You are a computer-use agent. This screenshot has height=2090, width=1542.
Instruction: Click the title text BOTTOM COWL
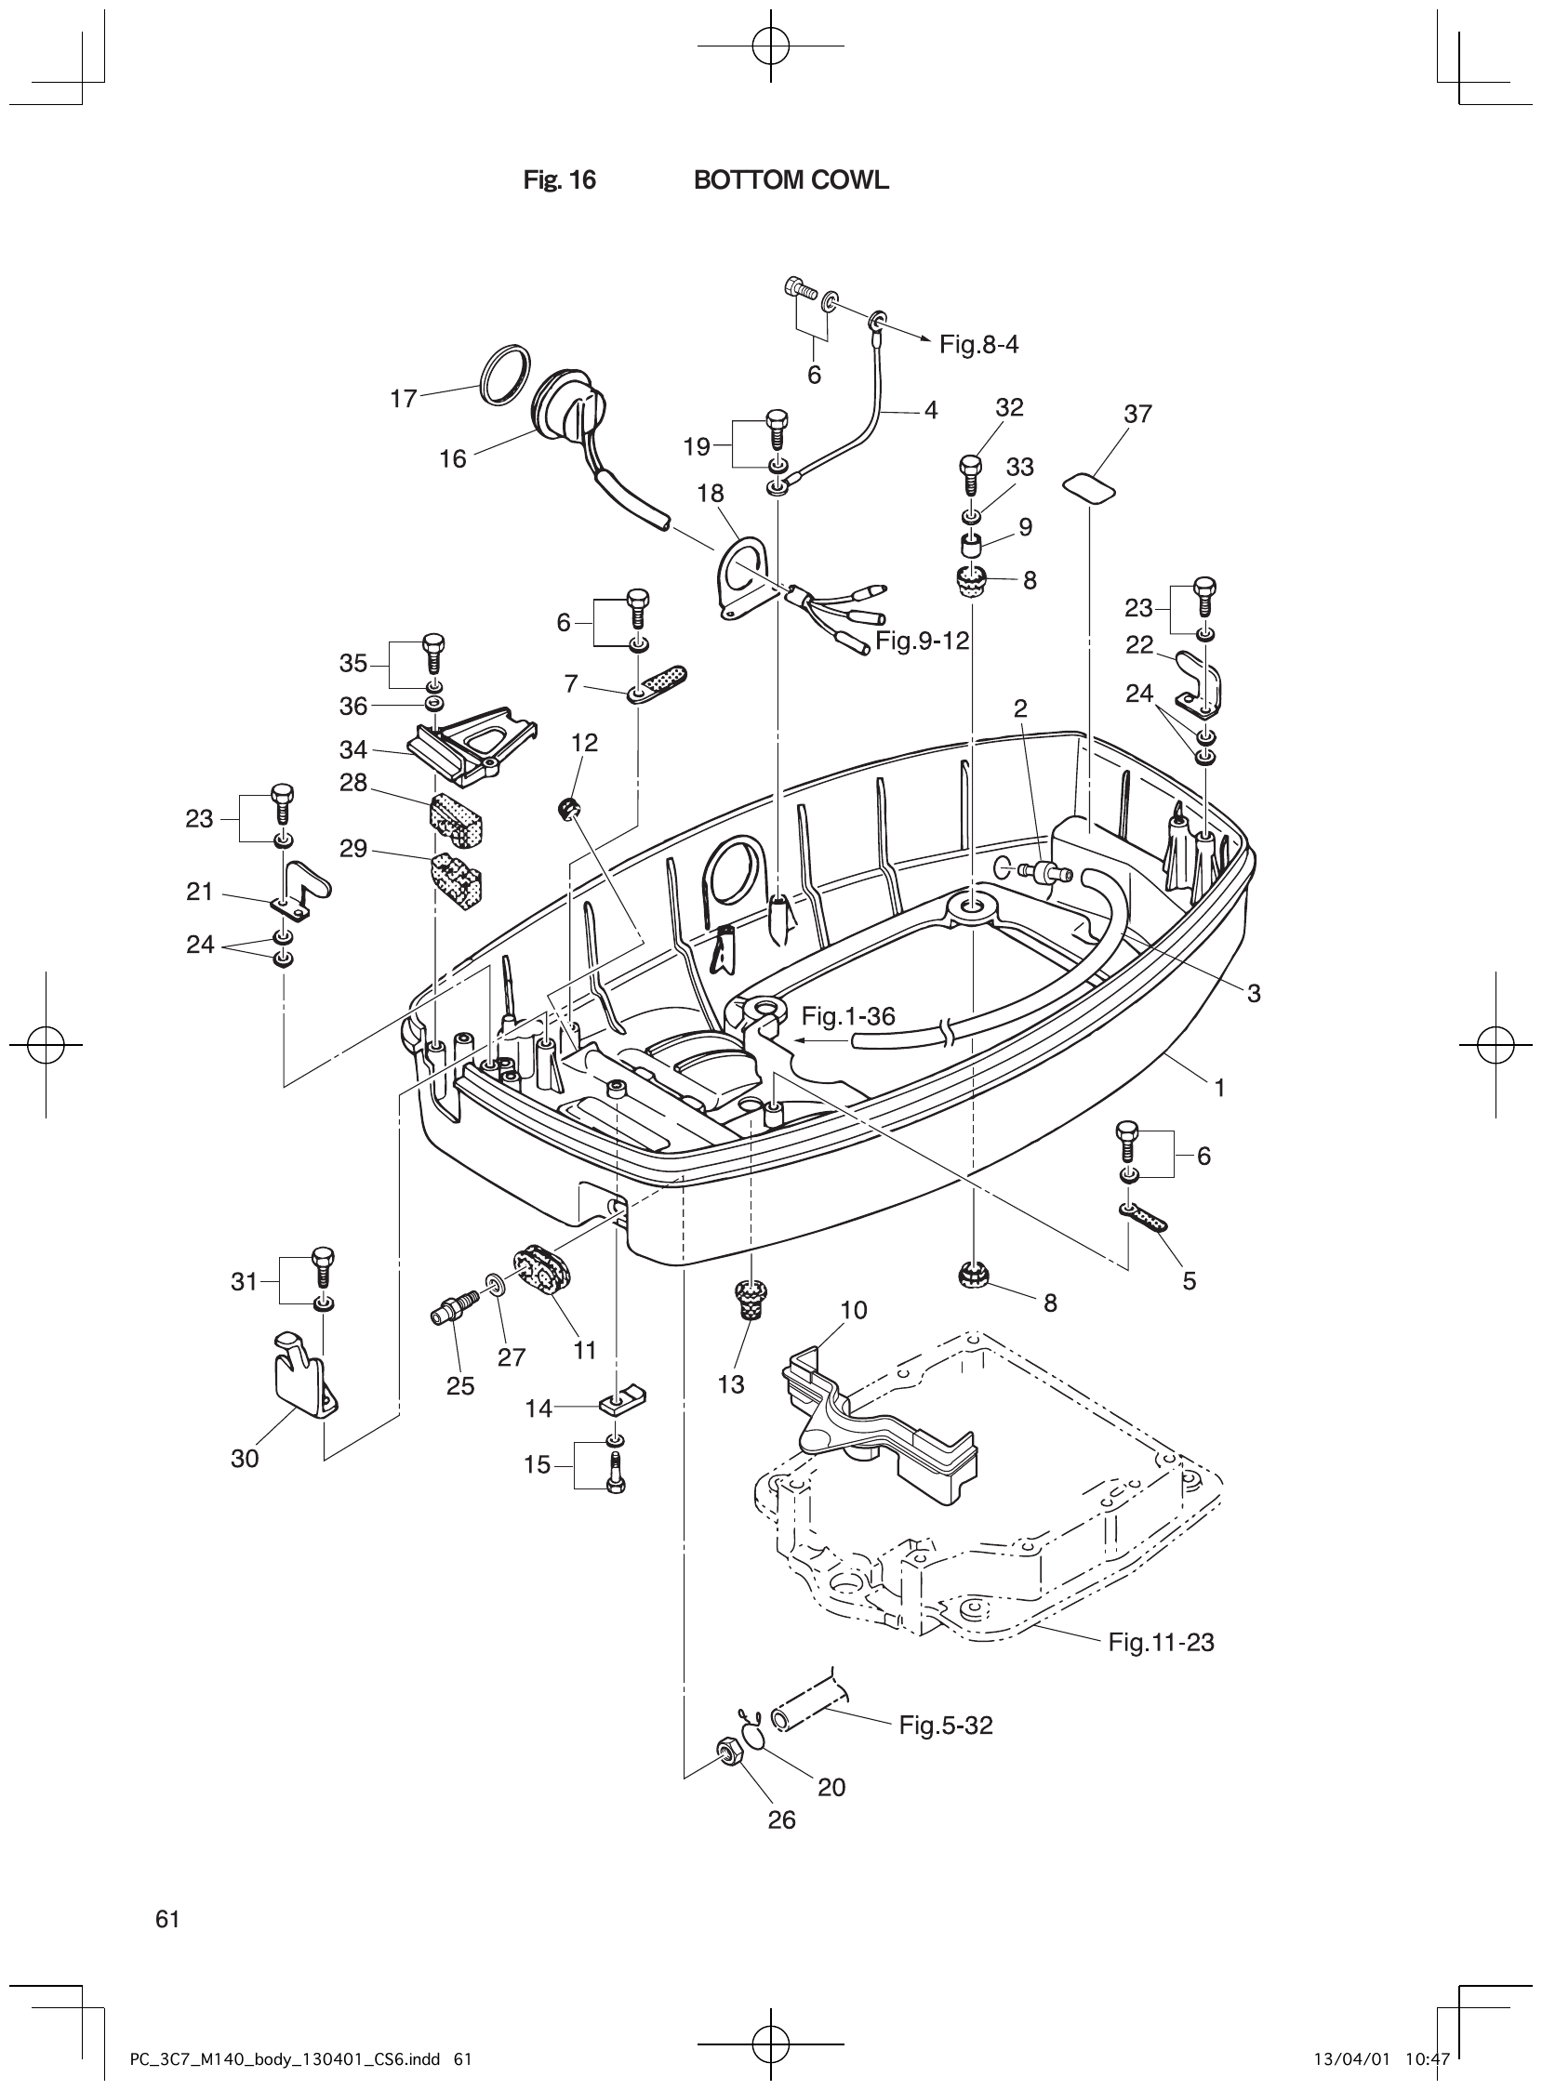pyautogui.click(x=791, y=181)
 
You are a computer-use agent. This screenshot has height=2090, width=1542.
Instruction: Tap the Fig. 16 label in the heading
pyautogui.click(x=559, y=181)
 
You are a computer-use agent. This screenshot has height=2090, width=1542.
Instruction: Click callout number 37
pyautogui.click(x=1137, y=414)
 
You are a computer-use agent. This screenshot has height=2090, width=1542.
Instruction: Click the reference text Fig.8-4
pyautogui.click(x=978, y=345)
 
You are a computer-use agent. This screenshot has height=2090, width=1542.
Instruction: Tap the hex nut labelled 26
pyautogui.click(x=726, y=1753)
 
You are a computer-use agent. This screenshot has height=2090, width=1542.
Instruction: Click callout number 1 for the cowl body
pyautogui.click(x=1219, y=1087)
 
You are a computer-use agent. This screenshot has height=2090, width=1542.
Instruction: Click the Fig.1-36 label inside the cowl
pyautogui.click(x=847, y=1017)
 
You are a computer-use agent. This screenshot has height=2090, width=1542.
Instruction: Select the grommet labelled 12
pyautogui.click(x=566, y=808)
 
